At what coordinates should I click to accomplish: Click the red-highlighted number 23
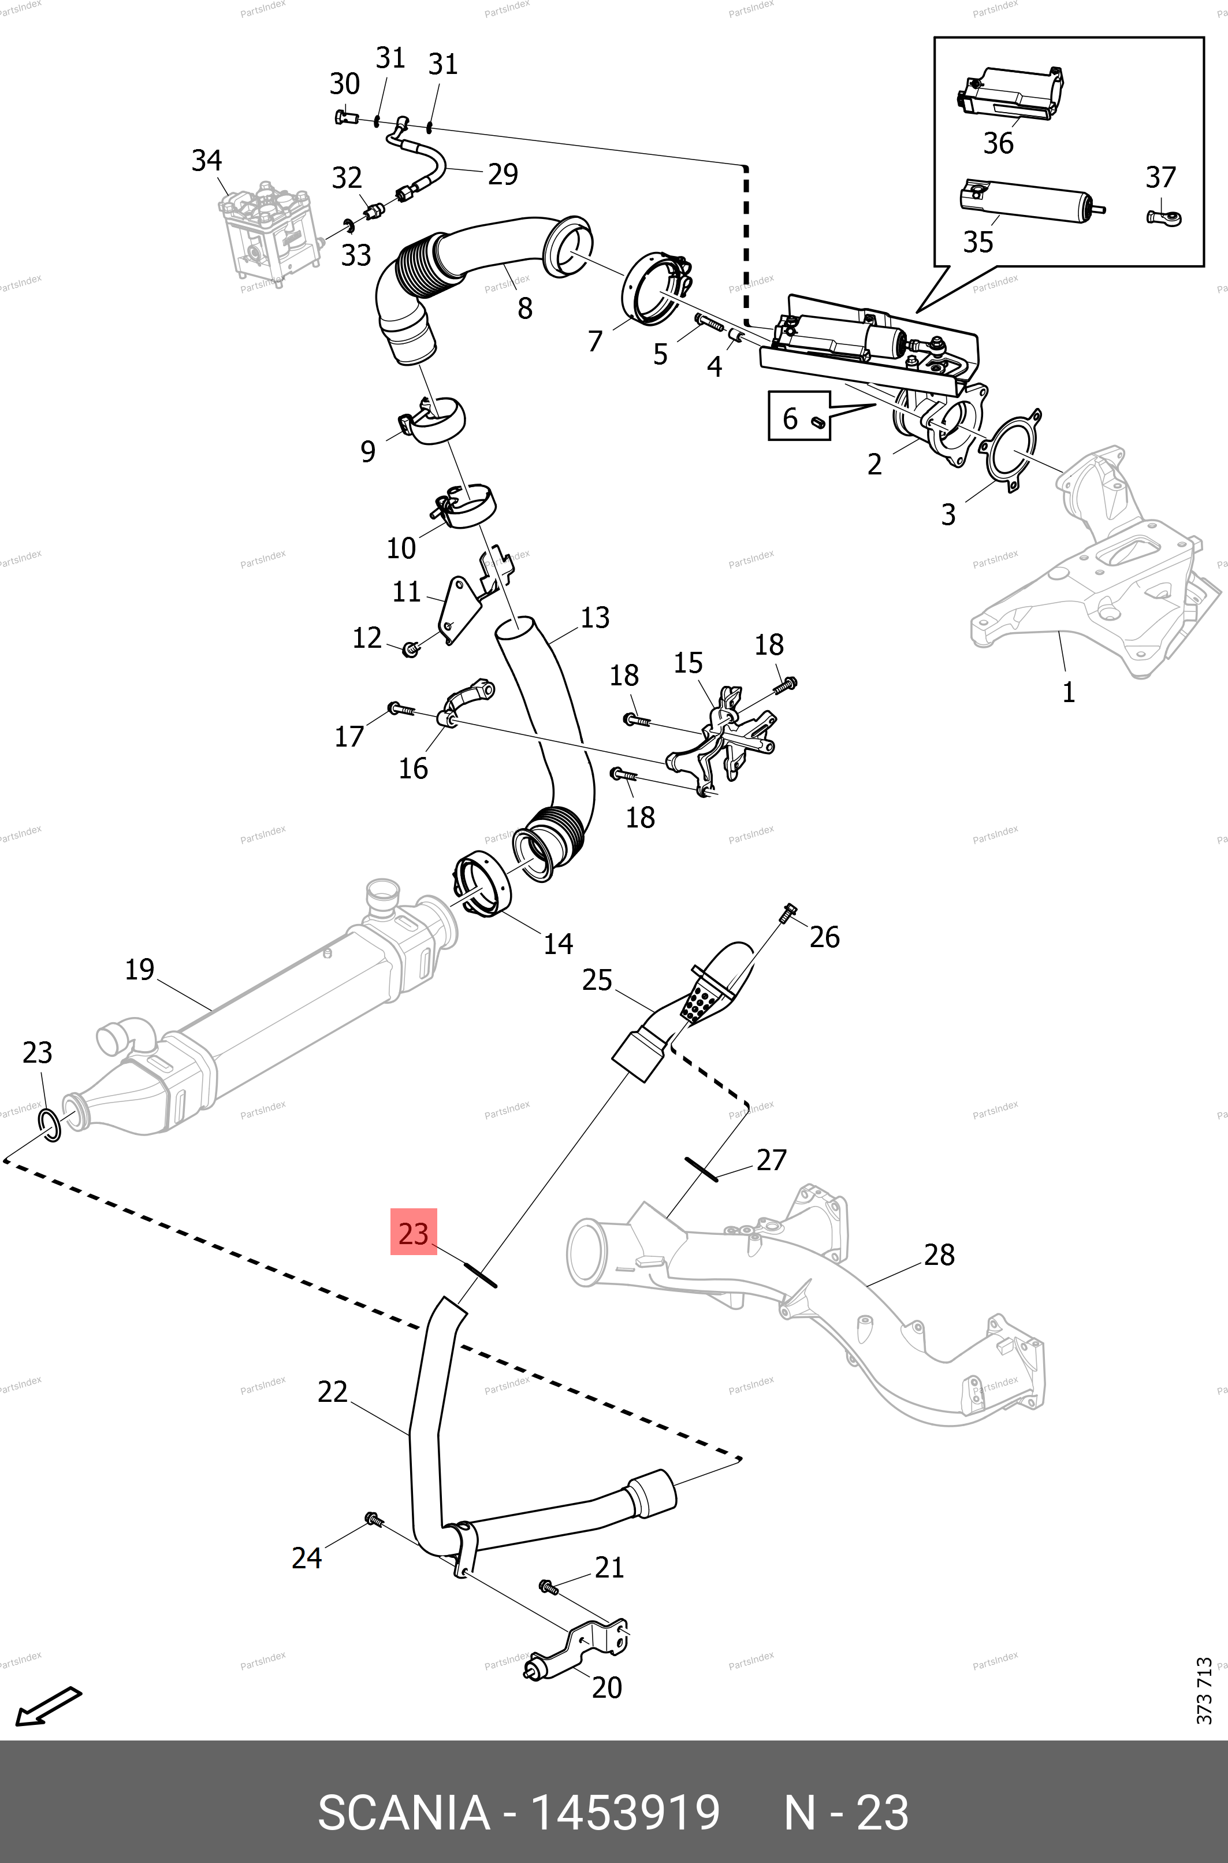(x=414, y=1233)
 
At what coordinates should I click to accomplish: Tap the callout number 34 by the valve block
(x=207, y=161)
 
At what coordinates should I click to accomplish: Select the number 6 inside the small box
(x=790, y=419)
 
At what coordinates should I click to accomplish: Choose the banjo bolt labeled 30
(x=345, y=117)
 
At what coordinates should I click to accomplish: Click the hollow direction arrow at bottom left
(x=49, y=1704)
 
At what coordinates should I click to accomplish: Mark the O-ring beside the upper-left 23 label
(x=49, y=1125)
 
